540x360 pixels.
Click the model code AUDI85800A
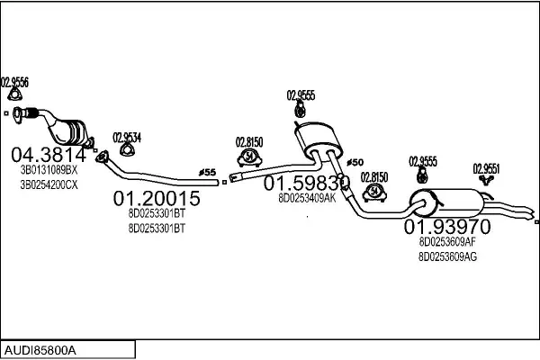pos(40,348)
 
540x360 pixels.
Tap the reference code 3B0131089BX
pos(49,169)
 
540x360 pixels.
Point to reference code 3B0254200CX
pos(49,184)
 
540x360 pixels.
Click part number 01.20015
pos(157,198)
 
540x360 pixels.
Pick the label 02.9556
pos(14,82)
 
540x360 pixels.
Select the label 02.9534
pos(127,137)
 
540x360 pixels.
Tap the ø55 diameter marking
pos(207,171)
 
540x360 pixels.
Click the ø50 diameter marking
pos(355,162)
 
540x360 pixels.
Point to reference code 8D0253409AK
pos(307,198)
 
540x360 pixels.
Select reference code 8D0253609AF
pos(447,241)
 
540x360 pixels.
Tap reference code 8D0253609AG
pos(447,256)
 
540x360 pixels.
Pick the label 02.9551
pos(487,167)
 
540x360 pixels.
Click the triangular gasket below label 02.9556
pos(13,94)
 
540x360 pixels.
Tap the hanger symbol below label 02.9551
pos(487,180)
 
